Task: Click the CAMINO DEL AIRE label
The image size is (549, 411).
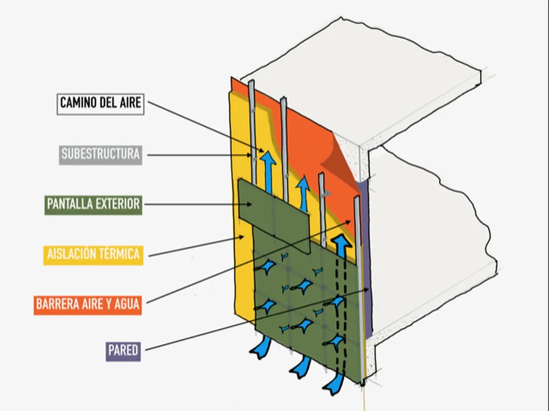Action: [101, 104]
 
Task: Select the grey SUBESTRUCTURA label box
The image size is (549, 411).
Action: [101, 154]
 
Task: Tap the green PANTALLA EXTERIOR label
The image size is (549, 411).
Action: [93, 204]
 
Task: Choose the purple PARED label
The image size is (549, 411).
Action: [123, 350]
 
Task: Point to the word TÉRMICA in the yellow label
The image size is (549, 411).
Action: [118, 254]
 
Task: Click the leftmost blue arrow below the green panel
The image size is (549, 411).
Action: [260, 347]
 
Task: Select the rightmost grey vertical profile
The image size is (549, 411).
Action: [359, 277]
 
